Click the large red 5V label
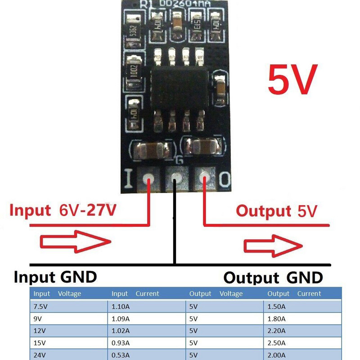292,80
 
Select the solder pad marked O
205,179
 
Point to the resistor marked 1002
133,72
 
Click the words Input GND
55,277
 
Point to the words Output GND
273,278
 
